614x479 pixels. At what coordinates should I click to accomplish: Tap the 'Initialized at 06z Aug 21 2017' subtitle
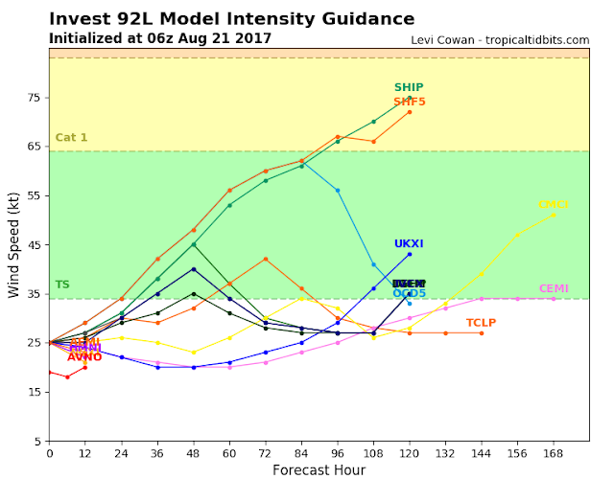pos(159,38)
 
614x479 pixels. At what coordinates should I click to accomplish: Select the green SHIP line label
pos(410,88)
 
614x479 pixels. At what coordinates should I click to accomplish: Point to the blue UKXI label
pos(410,244)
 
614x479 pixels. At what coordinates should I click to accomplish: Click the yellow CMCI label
pos(553,205)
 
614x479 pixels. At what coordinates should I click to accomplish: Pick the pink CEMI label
pos(553,288)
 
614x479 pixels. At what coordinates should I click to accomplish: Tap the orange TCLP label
pos(481,323)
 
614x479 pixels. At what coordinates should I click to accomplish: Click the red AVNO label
pos(84,356)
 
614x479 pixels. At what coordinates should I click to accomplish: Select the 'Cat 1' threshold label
pos(71,138)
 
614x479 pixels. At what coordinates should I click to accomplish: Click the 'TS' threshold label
pos(62,285)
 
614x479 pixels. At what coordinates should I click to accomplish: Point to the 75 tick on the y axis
pos(35,98)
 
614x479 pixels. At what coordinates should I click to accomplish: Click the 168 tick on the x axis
pos(554,452)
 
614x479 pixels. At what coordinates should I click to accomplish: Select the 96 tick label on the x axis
pos(338,452)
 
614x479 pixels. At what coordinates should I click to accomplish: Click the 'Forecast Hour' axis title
pos(319,469)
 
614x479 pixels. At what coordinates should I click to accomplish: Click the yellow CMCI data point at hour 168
pos(554,215)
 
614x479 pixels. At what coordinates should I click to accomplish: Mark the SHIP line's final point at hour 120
pos(410,98)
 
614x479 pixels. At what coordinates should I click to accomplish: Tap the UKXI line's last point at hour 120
pos(410,254)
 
